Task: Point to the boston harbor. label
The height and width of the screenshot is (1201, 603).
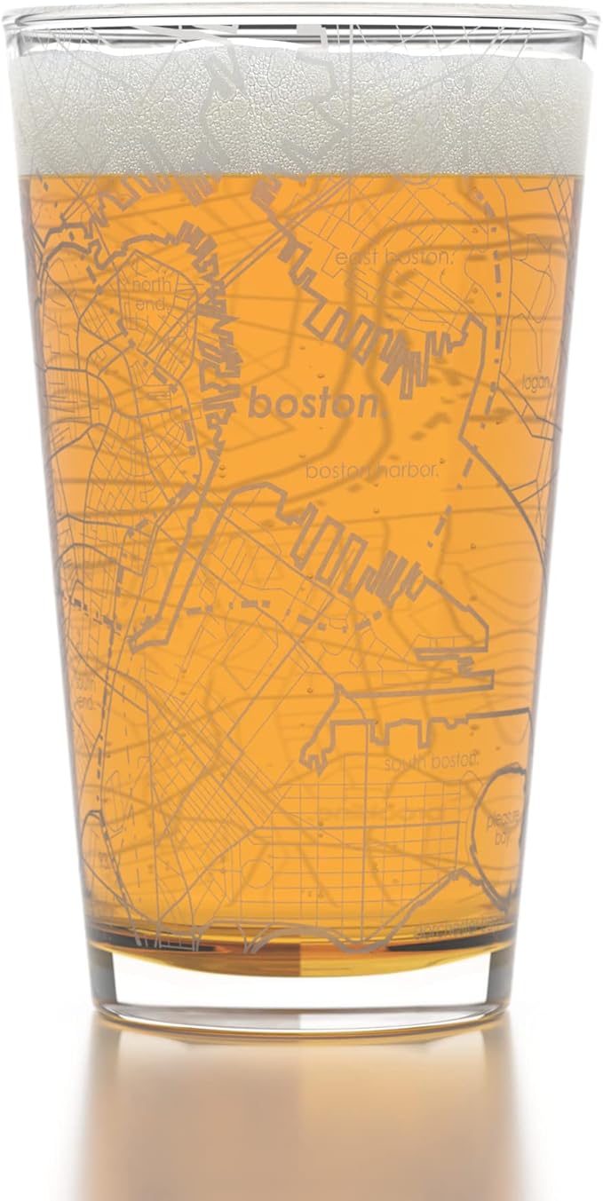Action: click(x=372, y=470)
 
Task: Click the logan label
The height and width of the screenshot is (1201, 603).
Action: click(x=537, y=383)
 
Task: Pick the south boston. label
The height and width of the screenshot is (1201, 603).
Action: click(x=432, y=761)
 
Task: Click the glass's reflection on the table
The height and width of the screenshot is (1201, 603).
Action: click(x=302, y=1110)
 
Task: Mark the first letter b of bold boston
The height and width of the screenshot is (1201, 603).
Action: click(x=258, y=404)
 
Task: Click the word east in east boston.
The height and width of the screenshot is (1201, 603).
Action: click(x=356, y=257)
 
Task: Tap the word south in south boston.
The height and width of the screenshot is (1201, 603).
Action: click(x=404, y=761)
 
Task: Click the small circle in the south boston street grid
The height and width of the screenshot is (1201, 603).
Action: click(x=258, y=873)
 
